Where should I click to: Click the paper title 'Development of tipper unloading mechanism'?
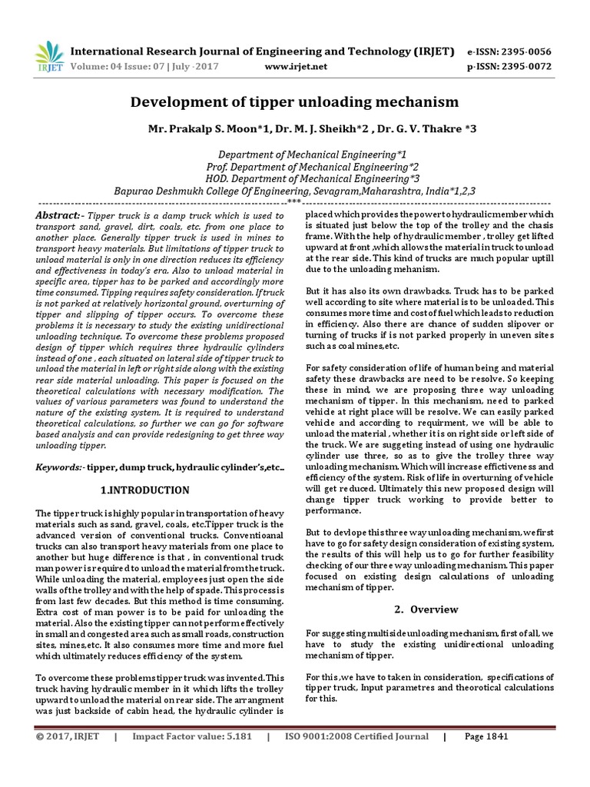[x=294, y=101]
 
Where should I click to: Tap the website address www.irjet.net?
[x=295, y=66]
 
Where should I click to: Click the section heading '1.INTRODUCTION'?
[x=145, y=490]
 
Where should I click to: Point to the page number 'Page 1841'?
[x=486, y=736]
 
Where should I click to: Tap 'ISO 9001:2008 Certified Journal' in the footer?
[x=356, y=736]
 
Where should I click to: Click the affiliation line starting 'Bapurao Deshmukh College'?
[x=295, y=191]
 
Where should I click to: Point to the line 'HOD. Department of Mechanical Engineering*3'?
[x=295, y=178]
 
